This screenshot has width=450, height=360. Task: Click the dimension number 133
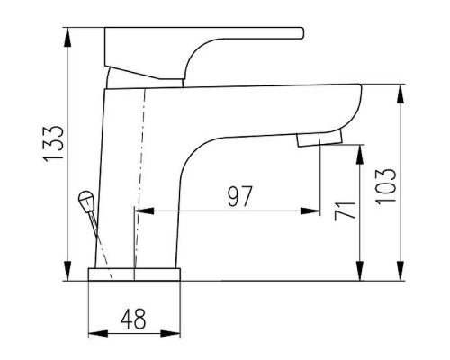pos(54,144)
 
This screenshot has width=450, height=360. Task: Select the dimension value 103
pos(386,186)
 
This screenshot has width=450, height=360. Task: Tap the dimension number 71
pos(345,211)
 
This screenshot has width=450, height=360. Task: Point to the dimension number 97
pos(239,196)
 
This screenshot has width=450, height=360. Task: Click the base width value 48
pos(133,319)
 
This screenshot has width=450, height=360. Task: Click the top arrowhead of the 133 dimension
pos(68,38)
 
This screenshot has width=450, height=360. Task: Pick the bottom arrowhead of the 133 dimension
pos(68,271)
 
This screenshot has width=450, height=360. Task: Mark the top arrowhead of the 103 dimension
pos(400,94)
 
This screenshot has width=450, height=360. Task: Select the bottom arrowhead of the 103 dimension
pos(400,271)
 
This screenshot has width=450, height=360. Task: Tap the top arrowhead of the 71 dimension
pos(360,155)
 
